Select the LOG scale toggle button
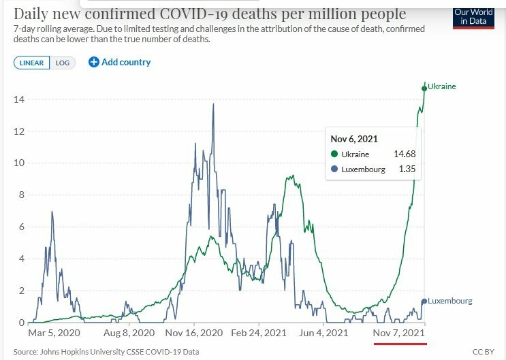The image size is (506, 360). (x=63, y=63)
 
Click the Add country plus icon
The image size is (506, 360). (x=94, y=63)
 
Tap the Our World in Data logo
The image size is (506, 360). (x=474, y=18)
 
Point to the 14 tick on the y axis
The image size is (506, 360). (x=20, y=99)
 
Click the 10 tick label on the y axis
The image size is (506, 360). (x=20, y=163)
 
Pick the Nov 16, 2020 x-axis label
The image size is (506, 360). (x=194, y=333)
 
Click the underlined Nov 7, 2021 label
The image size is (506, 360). (x=400, y=333)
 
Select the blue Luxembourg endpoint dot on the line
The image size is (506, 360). (x=424, y=301)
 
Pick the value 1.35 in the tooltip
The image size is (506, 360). (x=407, y=169)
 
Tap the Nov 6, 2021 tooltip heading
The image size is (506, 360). (x=353, y=139)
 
